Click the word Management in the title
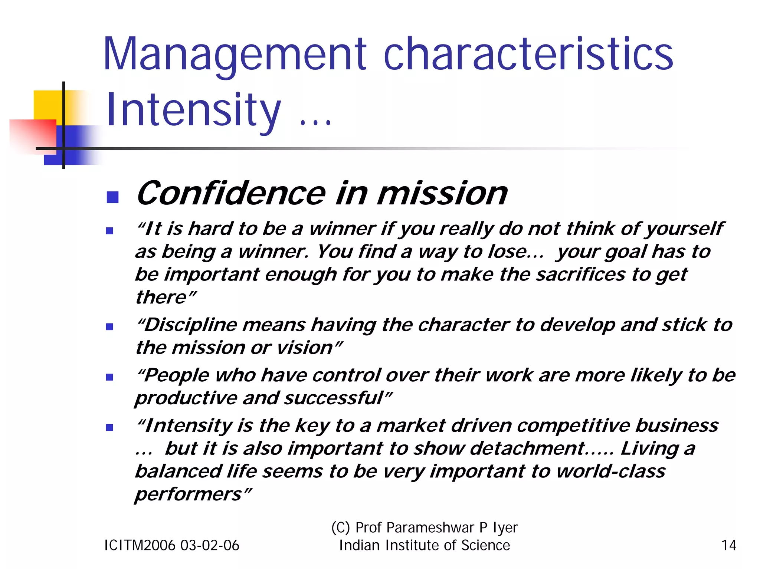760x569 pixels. click(235, 55)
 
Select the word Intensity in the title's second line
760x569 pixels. click(193, 111)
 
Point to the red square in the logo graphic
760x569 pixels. click(33, 135)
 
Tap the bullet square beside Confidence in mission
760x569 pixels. click(112, 197)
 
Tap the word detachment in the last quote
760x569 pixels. click(527, 448)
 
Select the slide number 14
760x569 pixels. click(728, 545)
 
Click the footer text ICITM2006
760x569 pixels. click(140, 545)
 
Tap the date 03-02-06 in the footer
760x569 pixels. click(210, 545)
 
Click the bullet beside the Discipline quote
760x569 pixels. click(109, 327)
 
